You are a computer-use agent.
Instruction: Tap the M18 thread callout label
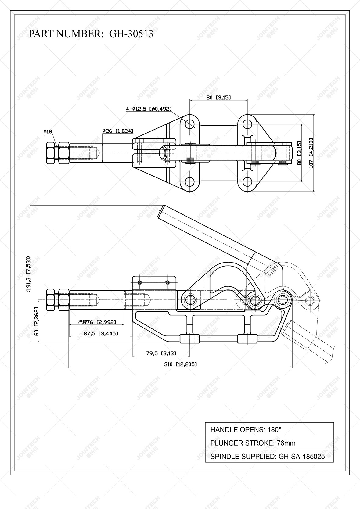(x=48, y=132)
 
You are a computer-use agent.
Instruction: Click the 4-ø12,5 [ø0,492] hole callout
(x=149, y=109)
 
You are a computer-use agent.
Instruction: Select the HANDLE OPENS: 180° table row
(x=269, y=430)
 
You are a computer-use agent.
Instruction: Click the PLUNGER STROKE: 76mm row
(x=269, y=443)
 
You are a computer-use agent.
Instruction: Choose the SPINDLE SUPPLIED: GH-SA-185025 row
(x=269, y=457)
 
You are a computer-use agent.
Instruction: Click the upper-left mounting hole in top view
(x=190, y=124)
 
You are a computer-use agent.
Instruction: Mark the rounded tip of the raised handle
(x=162, y=211)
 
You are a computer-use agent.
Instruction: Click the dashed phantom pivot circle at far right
(x=310, y=300)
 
